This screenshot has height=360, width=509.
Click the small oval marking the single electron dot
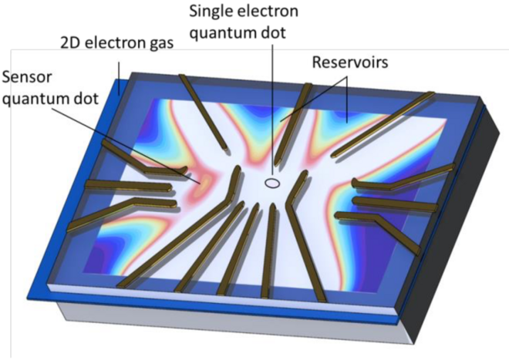pyautogui.click(x=272, y=183)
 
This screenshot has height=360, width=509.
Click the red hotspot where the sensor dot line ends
pyautogui.click(x=205, y=181)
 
